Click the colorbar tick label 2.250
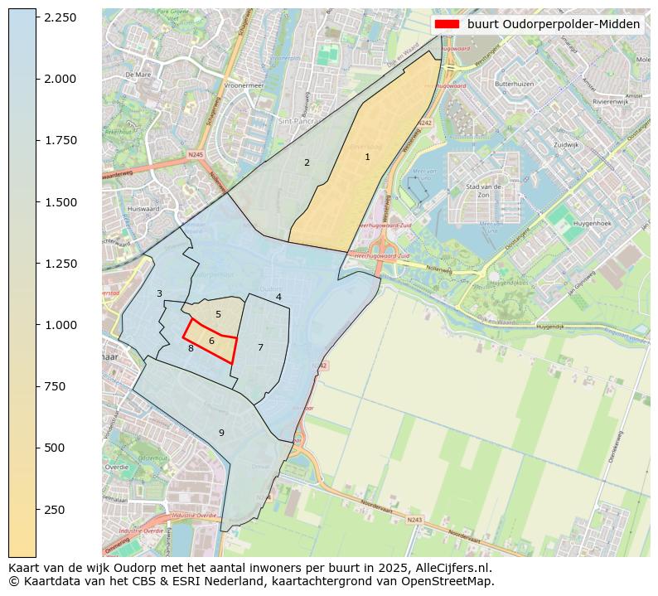[60, 17]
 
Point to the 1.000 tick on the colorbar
[60, 325]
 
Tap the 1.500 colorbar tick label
[60, 202]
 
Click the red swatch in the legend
[447, 24]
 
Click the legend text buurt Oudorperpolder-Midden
[553, 24]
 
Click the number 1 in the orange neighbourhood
[367, 157]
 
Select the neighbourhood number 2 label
[307, 162]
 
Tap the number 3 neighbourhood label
[159, 293]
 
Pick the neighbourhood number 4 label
[278, 297]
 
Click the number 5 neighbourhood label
[218, 314]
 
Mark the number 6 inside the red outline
[211, 341]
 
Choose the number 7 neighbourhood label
[260, 347]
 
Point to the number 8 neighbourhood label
[191, 348]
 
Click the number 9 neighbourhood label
[221, 433]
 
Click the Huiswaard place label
[143, 209]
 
